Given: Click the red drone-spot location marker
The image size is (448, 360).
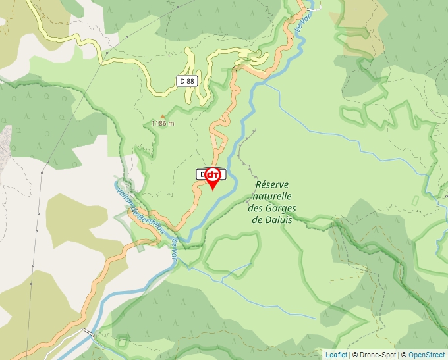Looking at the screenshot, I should (x=213, y=177).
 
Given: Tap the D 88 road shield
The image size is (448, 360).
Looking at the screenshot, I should (x=187, y=81).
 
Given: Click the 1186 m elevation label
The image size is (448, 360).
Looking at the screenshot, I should (x=162, y=123).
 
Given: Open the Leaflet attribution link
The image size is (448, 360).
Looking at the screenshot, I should (x=336, y=355).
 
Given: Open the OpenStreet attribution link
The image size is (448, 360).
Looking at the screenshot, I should (x=426, y=355).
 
